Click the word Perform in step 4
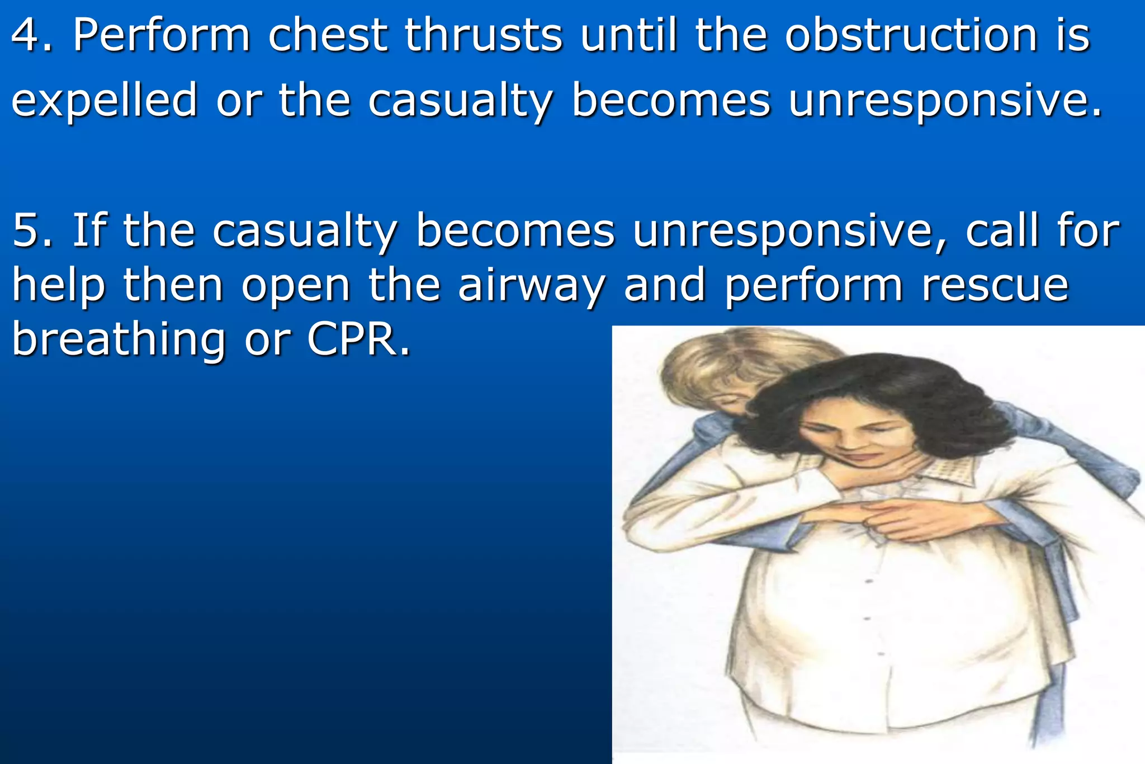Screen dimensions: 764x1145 click(162, 35)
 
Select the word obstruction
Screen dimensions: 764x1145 click(911, 35)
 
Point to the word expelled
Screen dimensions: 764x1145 click(105, 101)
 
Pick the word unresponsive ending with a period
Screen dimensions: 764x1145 click(945, 101)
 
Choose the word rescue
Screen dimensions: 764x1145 click(995, 285)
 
